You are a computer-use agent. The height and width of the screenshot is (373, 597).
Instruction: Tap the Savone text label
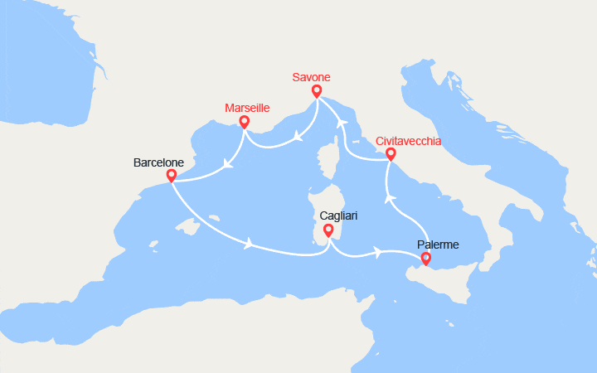(x=311, y=77)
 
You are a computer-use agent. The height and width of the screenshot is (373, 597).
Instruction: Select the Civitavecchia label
(x=409, y=140)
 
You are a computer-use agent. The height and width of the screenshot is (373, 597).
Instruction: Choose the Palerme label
(x=437, y=245)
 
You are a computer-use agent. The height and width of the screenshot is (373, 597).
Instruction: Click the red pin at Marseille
(x=244, y=122)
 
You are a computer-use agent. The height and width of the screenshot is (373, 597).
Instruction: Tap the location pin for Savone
(x=317, y=91)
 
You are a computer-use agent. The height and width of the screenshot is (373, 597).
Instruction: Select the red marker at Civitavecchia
(x=391, y=153)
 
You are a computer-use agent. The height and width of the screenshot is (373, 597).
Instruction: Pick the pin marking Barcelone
(x=171, y=176)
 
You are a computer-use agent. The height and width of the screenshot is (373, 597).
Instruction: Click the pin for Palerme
(x=426, y=259)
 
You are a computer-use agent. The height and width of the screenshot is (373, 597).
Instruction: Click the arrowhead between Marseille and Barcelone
(x=227, y=163)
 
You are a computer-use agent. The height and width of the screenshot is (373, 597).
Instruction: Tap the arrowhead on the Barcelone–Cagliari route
(x=248, y=244)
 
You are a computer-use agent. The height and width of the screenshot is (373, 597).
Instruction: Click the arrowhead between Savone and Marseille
(x=296, y=134)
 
